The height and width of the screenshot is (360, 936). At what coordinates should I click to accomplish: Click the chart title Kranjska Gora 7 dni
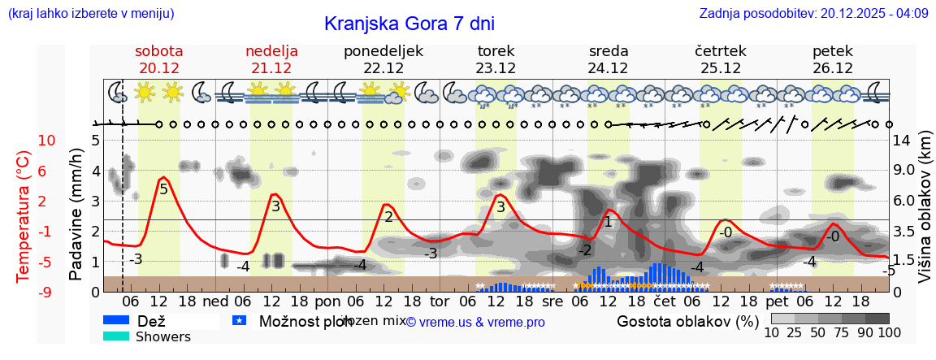(x=409, y=23)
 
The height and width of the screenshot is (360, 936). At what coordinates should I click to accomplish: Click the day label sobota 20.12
(x=158, y=59)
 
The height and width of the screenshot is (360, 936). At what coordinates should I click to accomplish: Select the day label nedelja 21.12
(x=271, y=59)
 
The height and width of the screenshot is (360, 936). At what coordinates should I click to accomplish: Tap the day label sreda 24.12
(x=609, y=59)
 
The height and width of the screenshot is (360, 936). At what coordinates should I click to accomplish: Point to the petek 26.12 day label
(x=832, y=59)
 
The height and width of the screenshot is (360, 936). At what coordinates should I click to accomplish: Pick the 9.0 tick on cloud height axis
(x=903, y=171)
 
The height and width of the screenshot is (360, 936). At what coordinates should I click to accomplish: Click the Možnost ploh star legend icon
(x=239, y=320)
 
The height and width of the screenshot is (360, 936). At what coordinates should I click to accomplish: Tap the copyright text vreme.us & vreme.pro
(x=475, y=322)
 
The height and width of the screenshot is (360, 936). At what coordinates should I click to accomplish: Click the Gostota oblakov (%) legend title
(x=687, y=320)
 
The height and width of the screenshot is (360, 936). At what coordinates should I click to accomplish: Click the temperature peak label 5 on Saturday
(x=163, y=189)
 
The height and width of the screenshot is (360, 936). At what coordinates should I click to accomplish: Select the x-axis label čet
(x=664, y=300)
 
